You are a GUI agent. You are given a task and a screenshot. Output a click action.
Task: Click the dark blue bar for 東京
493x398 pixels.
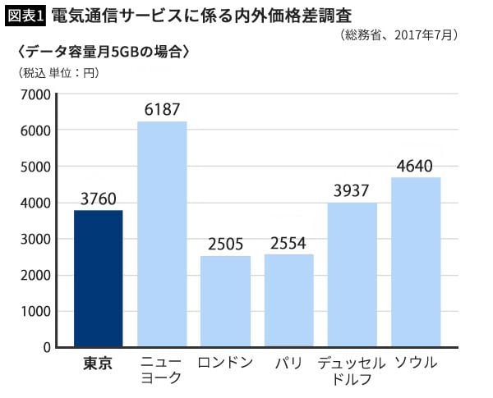pos(99,279)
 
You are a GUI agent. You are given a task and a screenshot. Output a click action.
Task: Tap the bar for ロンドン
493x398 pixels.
pos(225,301)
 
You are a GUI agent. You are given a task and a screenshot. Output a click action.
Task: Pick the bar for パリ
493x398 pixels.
pos(288,300)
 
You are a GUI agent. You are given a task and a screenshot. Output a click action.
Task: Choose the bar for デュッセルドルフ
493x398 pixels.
pos(352,275)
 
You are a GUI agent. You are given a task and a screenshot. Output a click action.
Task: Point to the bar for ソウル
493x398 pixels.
pos(416,263)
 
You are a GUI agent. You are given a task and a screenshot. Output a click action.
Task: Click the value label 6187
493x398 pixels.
pos(162,109)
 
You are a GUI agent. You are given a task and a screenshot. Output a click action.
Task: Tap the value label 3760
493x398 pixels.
pos(99,198)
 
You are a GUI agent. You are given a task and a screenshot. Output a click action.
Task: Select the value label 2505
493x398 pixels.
pos(225,244)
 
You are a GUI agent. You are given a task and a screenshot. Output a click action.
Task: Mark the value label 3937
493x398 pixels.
pos(352,191)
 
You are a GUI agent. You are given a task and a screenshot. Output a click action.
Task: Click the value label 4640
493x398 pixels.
pos(416,167)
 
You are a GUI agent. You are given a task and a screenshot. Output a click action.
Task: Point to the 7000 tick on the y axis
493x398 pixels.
pos(35,94)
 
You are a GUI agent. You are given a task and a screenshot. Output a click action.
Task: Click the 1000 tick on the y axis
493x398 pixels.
pos(35,311)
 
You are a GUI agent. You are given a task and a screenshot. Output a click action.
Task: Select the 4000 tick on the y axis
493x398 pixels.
pos(35,203)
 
